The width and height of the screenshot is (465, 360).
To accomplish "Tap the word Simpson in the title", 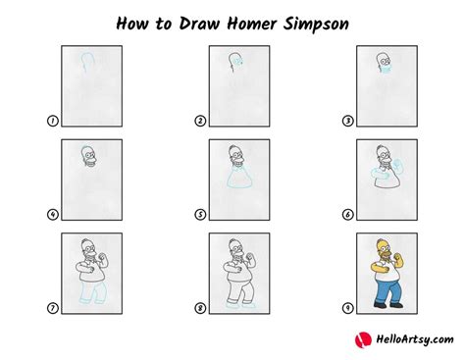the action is pyautogui.click(x=316, y=25).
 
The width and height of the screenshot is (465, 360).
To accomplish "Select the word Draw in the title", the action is pyautogui.click(x=200, y=24).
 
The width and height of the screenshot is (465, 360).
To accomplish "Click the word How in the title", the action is pyautogui.click(x=132, y=24).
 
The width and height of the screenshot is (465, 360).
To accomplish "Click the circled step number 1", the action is pyautogui.click(x=53, y=121).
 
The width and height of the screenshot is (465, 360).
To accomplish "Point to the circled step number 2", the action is pyautogui.click(x=200, y=121).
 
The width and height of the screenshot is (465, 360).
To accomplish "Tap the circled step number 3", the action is pyautogui.click(x=348, y=121).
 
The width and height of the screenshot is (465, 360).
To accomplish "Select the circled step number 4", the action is pyautogui.click(x=53, y=215).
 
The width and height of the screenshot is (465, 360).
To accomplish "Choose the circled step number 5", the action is pyautogui.click(x=200, y=215).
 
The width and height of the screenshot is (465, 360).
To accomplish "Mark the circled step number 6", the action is pyautogui.click(x=348, y=215).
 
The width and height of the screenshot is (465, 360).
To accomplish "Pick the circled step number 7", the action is pyautogui.click(x=53, y=308).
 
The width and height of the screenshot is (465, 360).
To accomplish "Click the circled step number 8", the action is pyautogui.click(x=200, y=308).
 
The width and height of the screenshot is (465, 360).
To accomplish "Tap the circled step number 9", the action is pyautogui.click(x=348, y=308).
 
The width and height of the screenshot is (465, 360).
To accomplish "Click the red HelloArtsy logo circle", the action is pyautogui.click(x=363, y=339).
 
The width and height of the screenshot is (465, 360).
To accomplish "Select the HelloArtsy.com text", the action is pyautogui.click(x=415, y=339).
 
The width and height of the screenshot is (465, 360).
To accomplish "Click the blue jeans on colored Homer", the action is pyautogui.click(x=387, y=291).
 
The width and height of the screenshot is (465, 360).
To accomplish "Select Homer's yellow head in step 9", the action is pyautogui.click(x=384, y=248).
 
